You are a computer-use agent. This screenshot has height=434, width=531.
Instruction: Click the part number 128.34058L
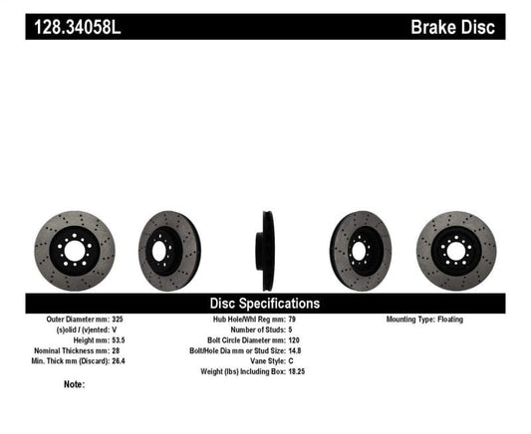click(x=76, y=26)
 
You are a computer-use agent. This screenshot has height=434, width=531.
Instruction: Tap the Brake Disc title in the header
click(x=452, y=26)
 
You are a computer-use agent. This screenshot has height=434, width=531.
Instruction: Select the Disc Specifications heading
click(x=264, y=303)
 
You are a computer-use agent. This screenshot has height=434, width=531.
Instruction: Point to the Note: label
click(x=75, y=383)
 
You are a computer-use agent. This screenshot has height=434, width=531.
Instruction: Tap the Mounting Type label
click(x=414, y=320)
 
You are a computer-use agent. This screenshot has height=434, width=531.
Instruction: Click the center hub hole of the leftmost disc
click(x=74, y=250)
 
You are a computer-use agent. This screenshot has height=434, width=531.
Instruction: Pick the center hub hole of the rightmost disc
click(x=455, y=250)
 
